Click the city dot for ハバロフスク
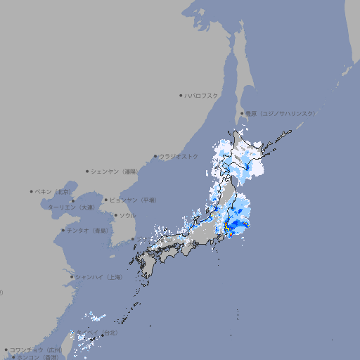[x=181, y=96]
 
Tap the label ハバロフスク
[x=202, y=96]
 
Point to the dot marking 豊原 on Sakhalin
[x=242, y=113]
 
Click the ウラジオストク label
[x=179, y=156]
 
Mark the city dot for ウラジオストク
[x=155, y=157]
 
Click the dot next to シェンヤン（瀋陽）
[x=87, y=171]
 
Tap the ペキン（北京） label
[x=54, y=191]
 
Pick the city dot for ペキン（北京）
[x=32, y=191]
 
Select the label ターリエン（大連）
[x=71, y=207]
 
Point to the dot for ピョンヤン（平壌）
[x=106, y=200]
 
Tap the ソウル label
[x=127, y=215]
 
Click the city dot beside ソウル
[x=115, y=216]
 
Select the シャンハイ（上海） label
[x=98, y=277]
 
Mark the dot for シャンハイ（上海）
[x=71, y=277]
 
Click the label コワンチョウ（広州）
[x=36, y=349]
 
